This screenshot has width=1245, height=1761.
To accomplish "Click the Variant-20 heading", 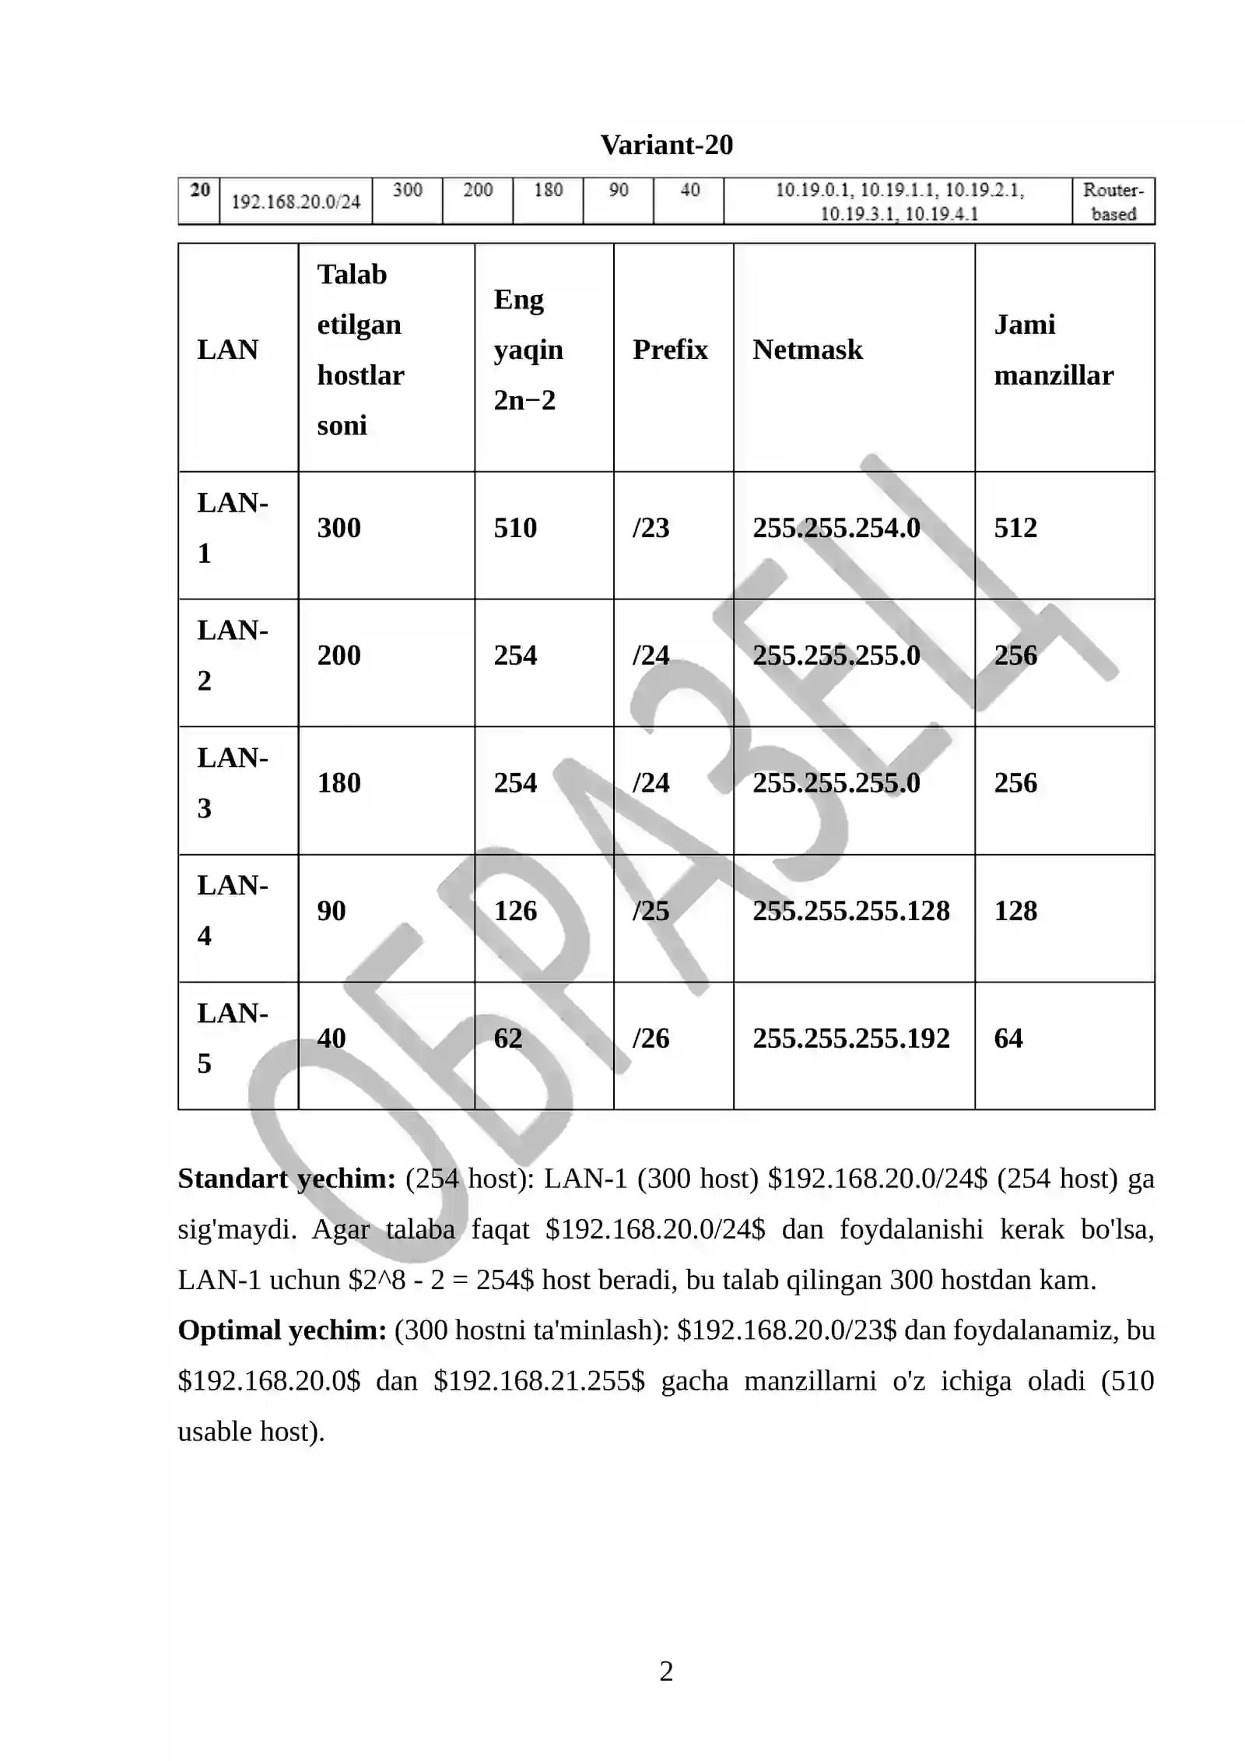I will [x=666, y=145].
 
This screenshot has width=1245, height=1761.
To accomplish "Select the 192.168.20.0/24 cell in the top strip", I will [x=296, y=202].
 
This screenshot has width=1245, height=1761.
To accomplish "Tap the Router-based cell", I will [x=1113, y=202].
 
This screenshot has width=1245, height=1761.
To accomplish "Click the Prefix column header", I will [x=670, y=350].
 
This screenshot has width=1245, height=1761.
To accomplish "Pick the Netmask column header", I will [x=808, y=350].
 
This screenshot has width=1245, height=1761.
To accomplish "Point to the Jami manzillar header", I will [x=1054, y=350].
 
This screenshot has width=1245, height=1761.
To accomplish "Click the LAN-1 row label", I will [x=232, y=528].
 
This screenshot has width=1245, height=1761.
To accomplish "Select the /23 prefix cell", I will [x=651, y=528].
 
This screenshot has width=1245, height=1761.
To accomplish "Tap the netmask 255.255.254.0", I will [x=836, y=528].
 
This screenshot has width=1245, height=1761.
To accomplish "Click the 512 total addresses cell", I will [x=1015, y=528].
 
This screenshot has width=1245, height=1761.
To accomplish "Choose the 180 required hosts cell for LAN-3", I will [x=338, y=783].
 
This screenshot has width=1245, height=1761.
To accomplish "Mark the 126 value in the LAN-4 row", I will [x=515, y=911].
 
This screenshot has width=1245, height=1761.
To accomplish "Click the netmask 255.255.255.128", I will [x=850, y=911].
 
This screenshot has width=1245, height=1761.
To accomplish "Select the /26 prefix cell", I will [x=651, y=1039].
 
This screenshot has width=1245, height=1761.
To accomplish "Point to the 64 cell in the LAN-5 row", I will [x=1008, y=1039].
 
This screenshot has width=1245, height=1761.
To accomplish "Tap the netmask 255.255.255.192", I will [x=850, y=1039].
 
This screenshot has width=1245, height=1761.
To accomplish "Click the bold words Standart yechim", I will [x=286, y=1179].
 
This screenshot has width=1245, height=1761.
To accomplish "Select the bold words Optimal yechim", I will [x=282, y=1330].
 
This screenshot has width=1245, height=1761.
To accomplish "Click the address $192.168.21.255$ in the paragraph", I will [x=539, y=1381].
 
